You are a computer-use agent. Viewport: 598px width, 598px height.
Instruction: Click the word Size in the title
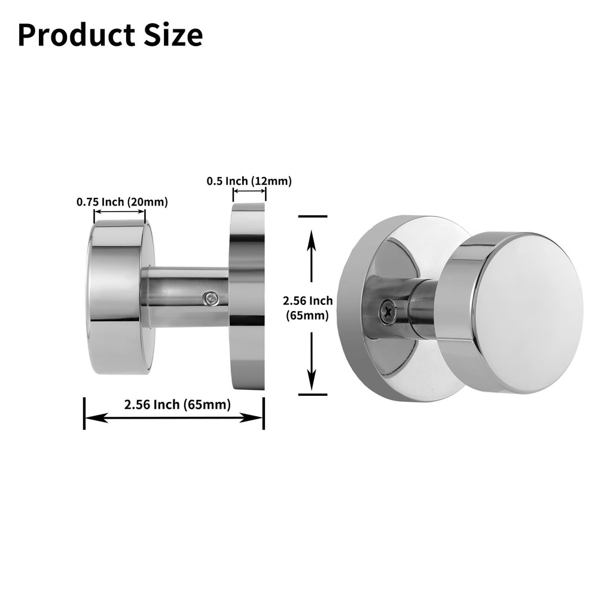coord(171,35)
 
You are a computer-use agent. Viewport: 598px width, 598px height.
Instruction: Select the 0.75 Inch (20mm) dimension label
coord(122,202)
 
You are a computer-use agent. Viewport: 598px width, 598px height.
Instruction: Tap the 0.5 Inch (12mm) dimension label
coord(249,181)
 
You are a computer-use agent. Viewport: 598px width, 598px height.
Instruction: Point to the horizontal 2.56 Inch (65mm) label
coord(177,404)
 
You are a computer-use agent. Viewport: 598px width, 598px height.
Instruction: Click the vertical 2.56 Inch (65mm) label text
coord(308,308)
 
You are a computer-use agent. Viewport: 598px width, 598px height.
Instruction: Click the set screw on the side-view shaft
coord(210,297)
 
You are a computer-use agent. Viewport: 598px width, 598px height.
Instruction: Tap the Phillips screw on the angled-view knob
coord(386,309)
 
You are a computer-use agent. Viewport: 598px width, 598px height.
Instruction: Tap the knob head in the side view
coord(120,297)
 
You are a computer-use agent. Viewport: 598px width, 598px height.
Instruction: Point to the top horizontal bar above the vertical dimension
coord(312,216)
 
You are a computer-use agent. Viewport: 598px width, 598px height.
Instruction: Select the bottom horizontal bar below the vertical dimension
coord(312,395)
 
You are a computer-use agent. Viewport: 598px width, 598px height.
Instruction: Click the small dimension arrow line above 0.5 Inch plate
coord(249,191)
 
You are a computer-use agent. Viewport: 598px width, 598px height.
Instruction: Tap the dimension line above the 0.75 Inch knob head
coord(120,212)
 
